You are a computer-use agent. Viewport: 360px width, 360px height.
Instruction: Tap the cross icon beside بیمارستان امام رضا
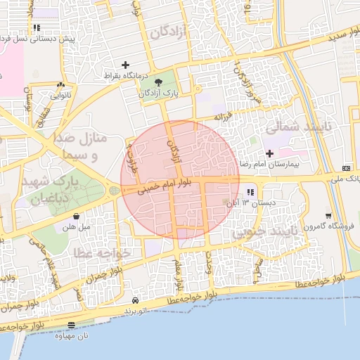(269, 153)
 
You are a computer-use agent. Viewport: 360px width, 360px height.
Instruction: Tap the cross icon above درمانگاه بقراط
(126, 65)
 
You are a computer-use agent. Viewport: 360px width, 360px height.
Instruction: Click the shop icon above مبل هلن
(76, 217)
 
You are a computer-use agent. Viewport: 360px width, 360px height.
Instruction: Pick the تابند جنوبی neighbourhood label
(261, 231)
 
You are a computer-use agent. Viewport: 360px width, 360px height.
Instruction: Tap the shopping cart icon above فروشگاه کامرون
(328, 216)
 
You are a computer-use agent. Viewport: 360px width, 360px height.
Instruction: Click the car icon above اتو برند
(135, 300)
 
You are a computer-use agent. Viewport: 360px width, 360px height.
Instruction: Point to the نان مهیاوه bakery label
(74, 335)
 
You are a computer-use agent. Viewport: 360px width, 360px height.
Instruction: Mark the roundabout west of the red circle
(115, 190)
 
